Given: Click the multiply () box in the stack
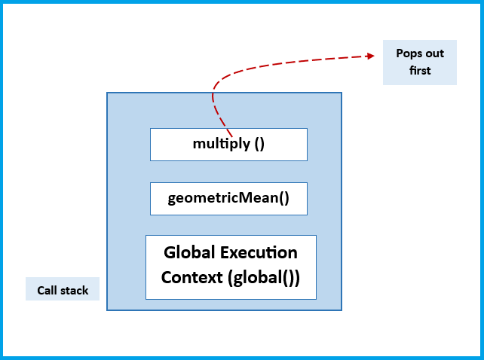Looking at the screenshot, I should tap(228, 144).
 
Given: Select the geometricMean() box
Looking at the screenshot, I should tap(228, 199).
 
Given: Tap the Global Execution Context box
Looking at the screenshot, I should tap(231, 267).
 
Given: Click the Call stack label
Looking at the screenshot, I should tap(63, 290).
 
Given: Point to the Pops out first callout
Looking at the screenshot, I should tap(420, 62).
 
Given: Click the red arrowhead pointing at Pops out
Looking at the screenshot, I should tap(370, 55).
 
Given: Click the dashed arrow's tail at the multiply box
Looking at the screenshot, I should tap(230, 136).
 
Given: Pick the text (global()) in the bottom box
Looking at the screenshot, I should tap(263, 277).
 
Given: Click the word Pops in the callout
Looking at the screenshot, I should tap(408, 53).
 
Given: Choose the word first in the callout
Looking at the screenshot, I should tap(420, 70).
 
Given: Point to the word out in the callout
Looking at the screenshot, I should tap(434, 53).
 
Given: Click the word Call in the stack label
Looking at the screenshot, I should tap(47, 290).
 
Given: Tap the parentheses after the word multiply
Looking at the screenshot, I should tap(259, 144).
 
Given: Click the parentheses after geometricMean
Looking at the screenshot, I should tap(283, 199).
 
